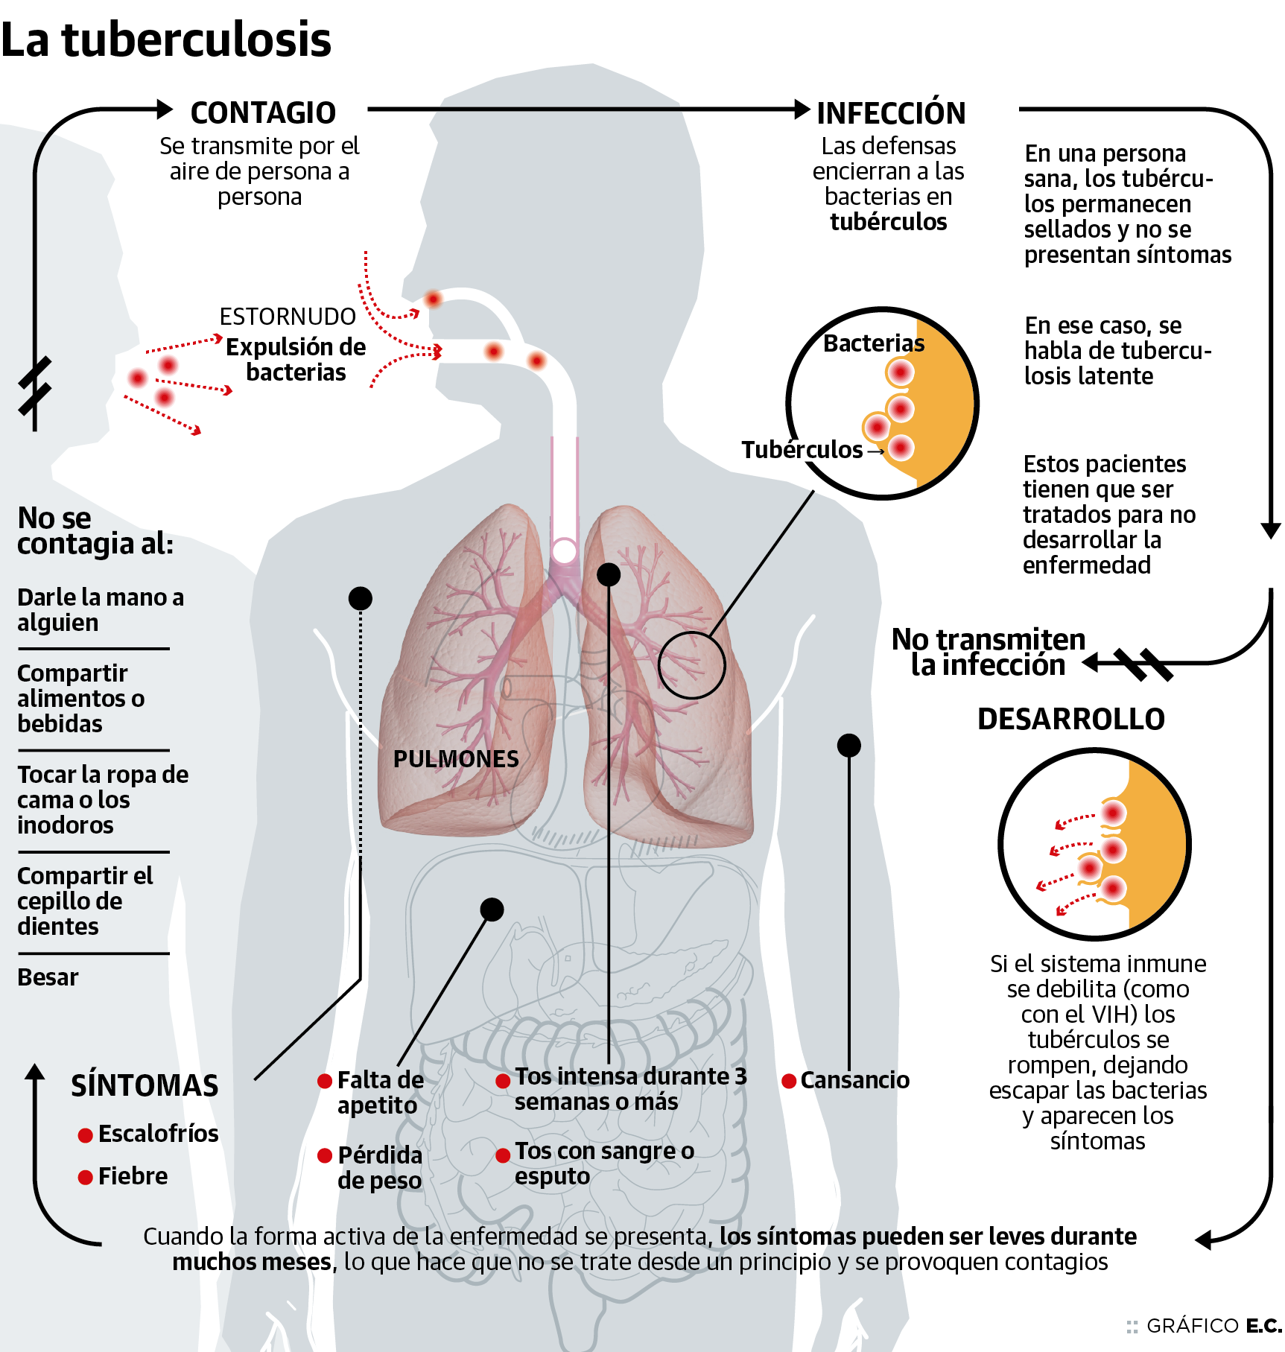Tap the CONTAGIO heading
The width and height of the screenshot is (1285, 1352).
pos(263,113)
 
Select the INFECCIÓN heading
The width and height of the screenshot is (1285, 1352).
pos(891,113)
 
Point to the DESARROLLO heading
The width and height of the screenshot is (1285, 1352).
pos(1070,719)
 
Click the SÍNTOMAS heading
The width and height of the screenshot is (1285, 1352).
pos(145,1085)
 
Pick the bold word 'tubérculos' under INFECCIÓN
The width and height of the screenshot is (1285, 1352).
pos(888,222)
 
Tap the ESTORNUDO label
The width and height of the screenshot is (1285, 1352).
pos(288,317)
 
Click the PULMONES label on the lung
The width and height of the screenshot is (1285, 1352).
pos(456,759)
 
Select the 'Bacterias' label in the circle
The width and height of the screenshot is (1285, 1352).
pos(874,343)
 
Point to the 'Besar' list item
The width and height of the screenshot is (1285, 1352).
pos(48,977)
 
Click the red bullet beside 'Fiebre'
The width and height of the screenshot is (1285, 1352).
pos(86,1177)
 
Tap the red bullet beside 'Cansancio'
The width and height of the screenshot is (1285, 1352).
pos(789,1081)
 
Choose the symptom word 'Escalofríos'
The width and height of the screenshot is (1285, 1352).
pos(158,1134)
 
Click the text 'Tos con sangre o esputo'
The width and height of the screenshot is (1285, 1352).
pos(603,1164)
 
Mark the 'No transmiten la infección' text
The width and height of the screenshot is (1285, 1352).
pos(989,653)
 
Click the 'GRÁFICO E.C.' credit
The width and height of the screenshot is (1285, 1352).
pos(1213,1326)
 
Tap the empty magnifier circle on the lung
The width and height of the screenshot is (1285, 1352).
pos(691,665)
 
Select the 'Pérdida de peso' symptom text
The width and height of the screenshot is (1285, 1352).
pos(379,1168)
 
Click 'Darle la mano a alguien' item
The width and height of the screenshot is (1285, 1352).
pos(100,610)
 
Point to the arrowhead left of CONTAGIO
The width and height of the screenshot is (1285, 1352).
pos(165,110)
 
